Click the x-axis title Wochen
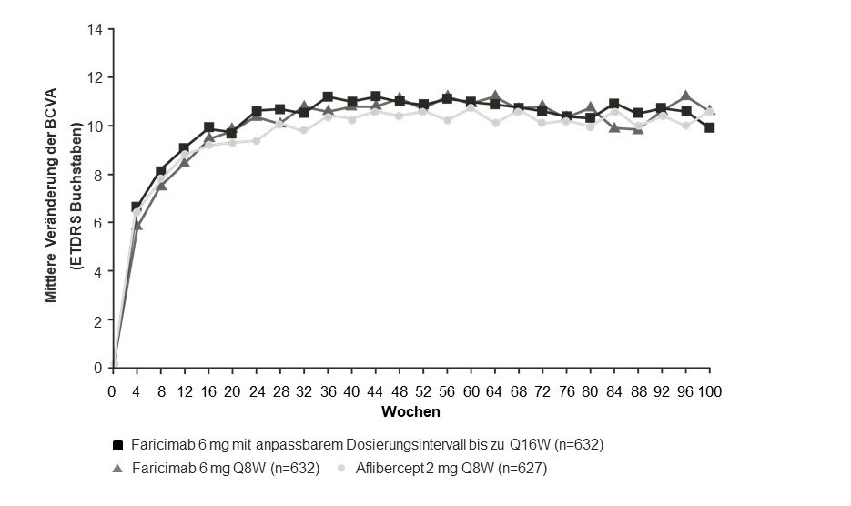pyautogui.click(x=410, y=411)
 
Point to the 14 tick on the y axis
pyautogui.click(x=96, y=28)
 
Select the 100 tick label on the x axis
pyautogui.click(x=710, y=390)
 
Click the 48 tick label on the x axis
pyautogui.click(x=399, y=390)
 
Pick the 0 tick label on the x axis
pyautogui.click(x=112, y=390)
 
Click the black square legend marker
pyautogui.click(x=117, y=445)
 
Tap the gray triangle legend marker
pyautogui.click(x=117, y=468)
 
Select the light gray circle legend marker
pyautogui.click(x=341, y=468)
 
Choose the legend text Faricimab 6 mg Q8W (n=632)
pyautogui.click(x=226, y=468)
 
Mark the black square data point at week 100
pyautogui.click(x=710, y=127)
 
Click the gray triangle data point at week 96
pyautogui.click(x=686, y=96)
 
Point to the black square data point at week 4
pyautogui.click(x=137, y=207)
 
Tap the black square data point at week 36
pyautogui.click(x=328, y=97)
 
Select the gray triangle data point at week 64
pyautogui.click(x=495, y=96)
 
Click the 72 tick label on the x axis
pyautogui.click(x=542, y=390)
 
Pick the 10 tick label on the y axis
pyautogui.click(x=96, y=126)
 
